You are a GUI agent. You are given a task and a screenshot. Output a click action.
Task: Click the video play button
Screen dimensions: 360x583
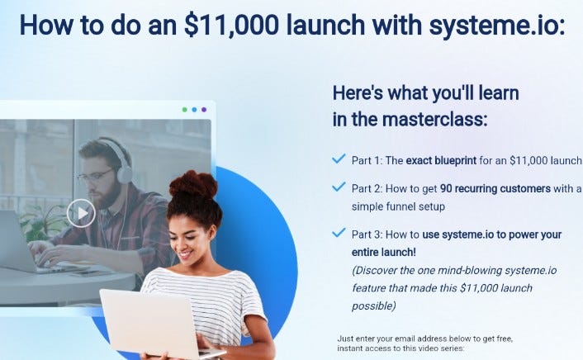coord(81,214)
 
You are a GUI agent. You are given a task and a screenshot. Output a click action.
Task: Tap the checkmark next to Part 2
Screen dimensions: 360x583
coord(339,187)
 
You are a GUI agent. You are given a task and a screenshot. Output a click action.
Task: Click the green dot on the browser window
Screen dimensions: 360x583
coord(184,109)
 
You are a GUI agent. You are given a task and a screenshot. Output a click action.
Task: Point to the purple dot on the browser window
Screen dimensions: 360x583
coord(203,109)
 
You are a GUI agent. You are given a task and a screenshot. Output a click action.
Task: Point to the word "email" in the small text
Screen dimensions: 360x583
coord(408,339)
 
